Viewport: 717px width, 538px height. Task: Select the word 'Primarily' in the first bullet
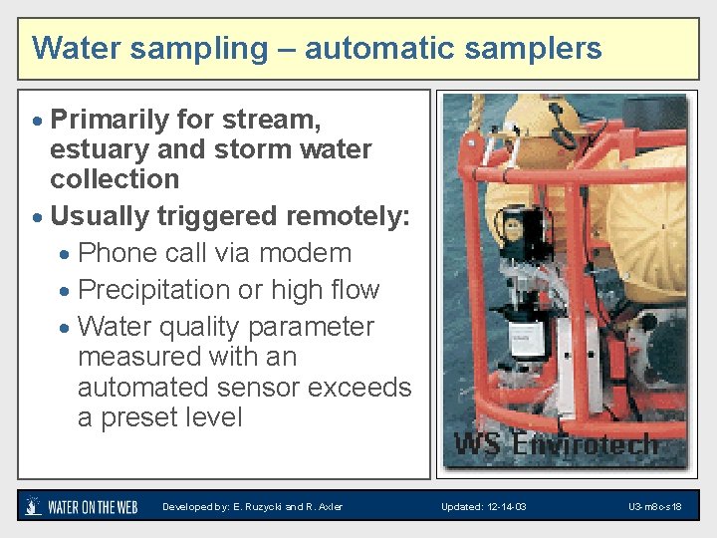110,120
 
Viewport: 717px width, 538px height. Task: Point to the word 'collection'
115,179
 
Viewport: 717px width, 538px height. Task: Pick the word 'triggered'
213,216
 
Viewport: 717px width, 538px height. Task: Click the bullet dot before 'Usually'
38,217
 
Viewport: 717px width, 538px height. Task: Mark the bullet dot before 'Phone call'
65,254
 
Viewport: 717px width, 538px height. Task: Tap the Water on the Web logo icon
34,506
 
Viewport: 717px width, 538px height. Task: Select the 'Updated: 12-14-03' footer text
483,507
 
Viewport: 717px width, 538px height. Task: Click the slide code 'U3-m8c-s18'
654,507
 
